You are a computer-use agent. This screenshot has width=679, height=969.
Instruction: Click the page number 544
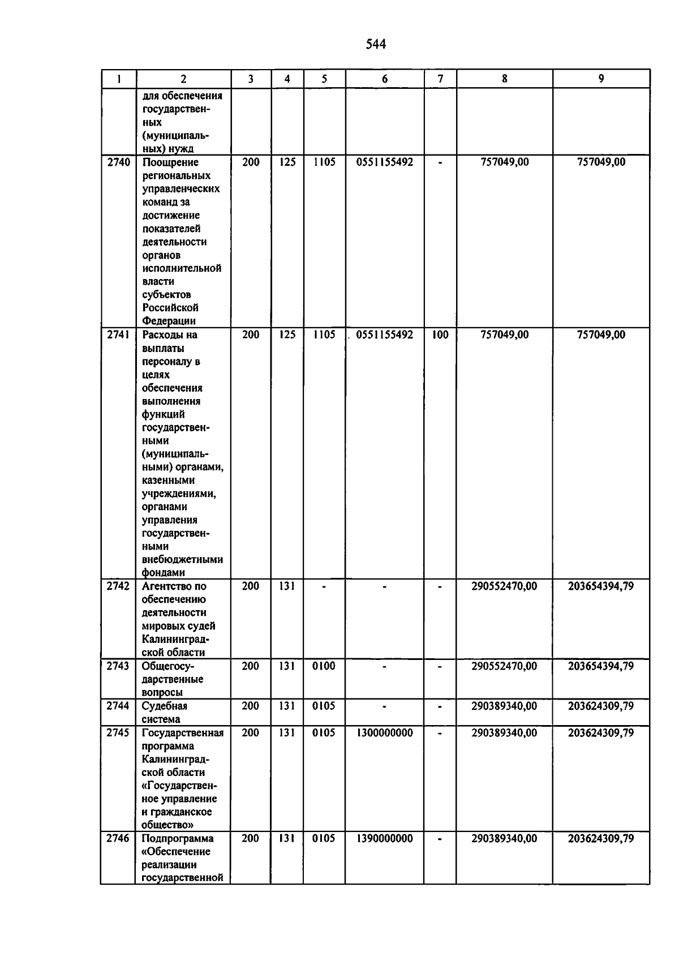tap(376, 44)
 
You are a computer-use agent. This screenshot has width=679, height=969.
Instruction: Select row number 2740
tap(119, 162)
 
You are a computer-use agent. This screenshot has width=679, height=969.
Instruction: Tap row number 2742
tap(118, 586)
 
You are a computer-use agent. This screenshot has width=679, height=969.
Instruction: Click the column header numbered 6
tap(385, 79)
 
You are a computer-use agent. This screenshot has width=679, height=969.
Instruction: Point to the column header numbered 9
tap(601, 79)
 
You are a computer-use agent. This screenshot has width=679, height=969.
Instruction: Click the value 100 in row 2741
tap(440, 335)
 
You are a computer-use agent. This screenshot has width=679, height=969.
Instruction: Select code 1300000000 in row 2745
tap(385, 733)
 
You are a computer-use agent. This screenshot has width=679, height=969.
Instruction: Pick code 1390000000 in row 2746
tap(385, 839)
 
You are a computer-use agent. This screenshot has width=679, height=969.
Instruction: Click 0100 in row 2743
tap(324, 666)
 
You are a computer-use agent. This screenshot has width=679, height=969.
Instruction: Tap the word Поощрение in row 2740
tap(170, 162)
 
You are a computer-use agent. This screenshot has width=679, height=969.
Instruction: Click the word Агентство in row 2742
tap(168, 586)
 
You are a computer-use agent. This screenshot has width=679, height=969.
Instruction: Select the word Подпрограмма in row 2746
tap(178, 839)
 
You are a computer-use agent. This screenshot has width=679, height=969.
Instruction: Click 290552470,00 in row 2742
tap(504, 586)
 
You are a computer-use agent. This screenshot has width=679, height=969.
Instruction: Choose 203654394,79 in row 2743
tap(601, 666)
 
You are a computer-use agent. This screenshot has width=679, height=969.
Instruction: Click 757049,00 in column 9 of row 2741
tap(601, 335)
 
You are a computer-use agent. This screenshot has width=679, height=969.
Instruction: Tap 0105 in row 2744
tap(324, 706)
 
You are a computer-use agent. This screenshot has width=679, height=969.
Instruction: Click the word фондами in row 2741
tap(164, 573)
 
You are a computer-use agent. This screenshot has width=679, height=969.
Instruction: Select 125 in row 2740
tap(287, 162)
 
